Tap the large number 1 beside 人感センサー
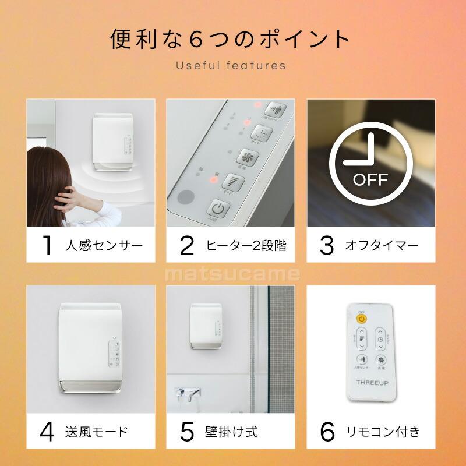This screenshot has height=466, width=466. [47, 246]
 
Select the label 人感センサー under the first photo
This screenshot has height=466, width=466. [103, 246]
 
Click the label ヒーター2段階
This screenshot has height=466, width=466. [246, 246]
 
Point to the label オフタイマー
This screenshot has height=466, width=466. [382, 246]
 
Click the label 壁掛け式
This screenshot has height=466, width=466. [231, 432]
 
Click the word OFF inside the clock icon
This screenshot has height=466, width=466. [370, 179]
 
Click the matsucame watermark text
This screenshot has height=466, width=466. [232, 274]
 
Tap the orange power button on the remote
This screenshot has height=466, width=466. [362, 319]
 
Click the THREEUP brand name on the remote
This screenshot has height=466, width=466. [370, 382]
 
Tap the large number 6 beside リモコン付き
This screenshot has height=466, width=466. [328, 432]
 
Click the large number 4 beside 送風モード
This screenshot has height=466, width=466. [47, 432]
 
